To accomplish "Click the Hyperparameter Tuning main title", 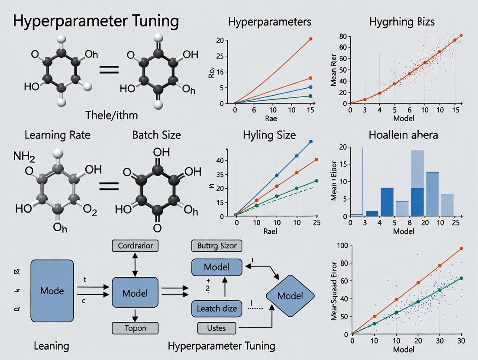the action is [x=96, y=21].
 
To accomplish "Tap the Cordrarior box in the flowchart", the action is [x=135, y=246].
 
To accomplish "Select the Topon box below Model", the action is [x=135, y=328].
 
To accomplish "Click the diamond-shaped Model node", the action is [x=290, y=296].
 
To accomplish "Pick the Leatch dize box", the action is [x=216, y=309].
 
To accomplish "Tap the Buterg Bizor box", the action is [x=216, y=246].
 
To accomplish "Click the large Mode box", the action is [x=52, y=290].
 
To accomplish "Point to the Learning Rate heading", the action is [x=57, y=135].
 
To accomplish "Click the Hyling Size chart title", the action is [x=270, y=135].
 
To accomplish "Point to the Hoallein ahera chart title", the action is [x=403, y=135].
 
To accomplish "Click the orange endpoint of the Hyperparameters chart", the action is [x=310, y=39].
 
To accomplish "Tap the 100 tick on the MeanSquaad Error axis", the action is [x=342, y=246].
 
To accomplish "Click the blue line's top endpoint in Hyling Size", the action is [x=310, y=141].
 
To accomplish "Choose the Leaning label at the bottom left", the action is [x=52, y=346].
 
